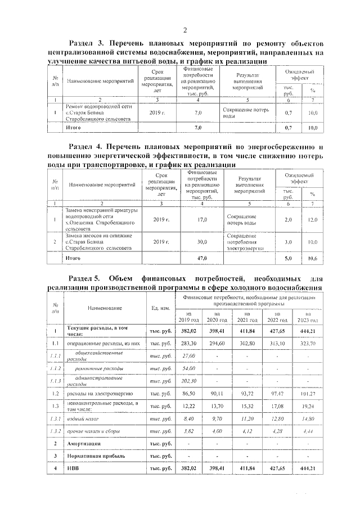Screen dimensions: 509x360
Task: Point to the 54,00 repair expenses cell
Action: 188,368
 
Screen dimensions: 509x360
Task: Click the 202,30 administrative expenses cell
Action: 188,381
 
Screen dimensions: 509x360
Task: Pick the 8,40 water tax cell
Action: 188,418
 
